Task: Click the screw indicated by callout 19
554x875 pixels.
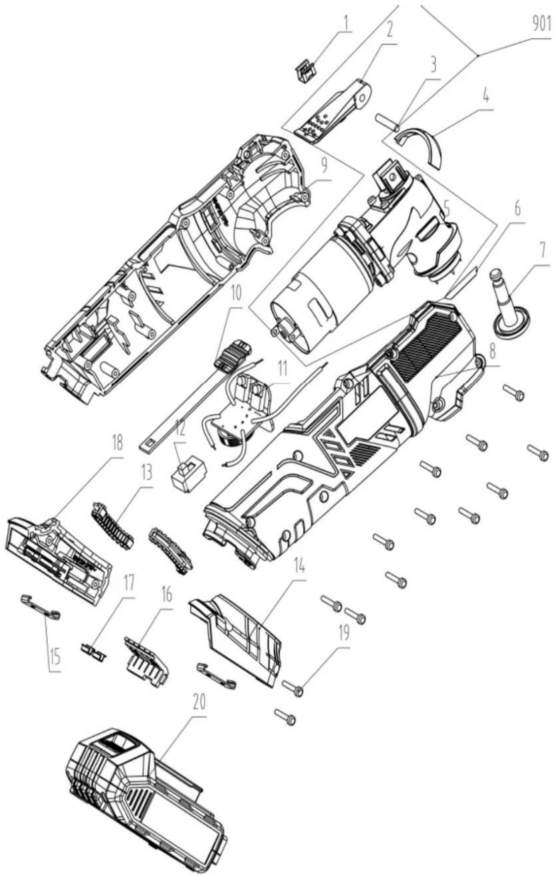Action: [293, 689]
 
